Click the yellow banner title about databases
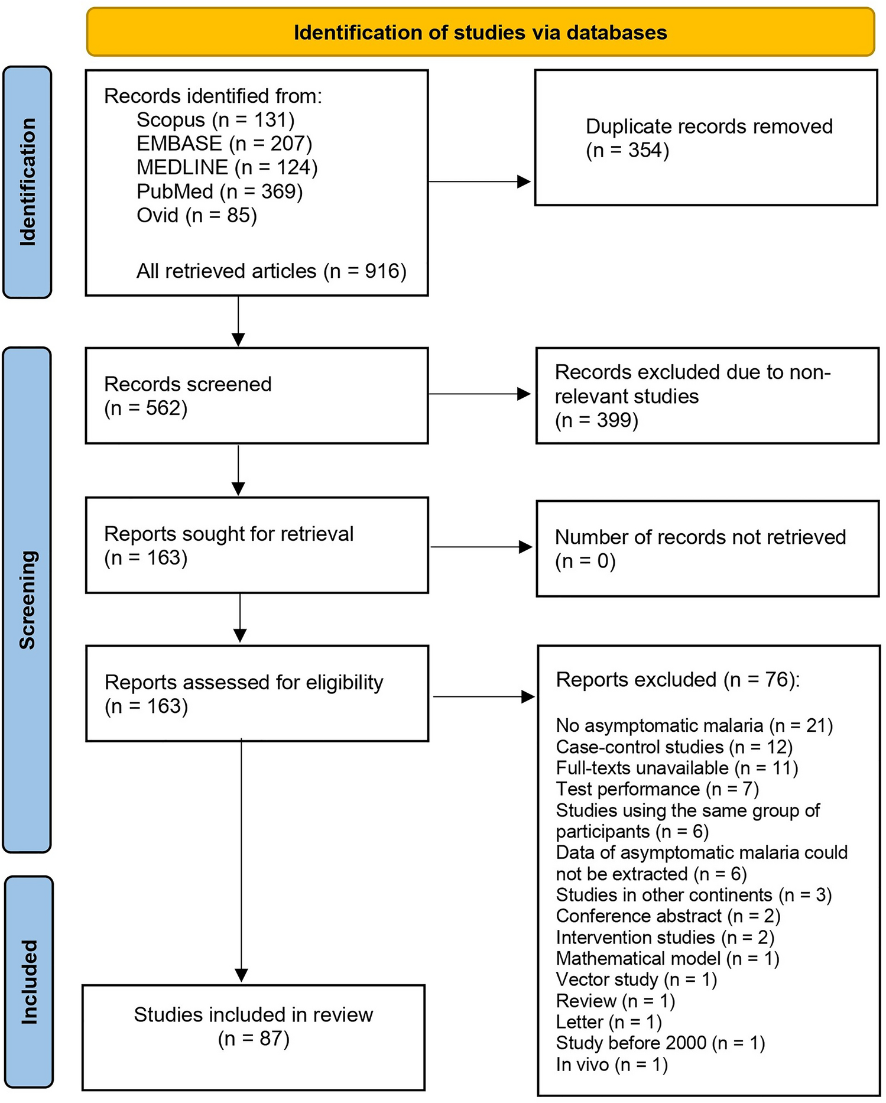pos(480,33)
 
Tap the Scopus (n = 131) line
pos(215,120)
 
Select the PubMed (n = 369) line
pos(219,192)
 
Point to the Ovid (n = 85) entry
pos(197,215)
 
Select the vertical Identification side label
pos(27,181)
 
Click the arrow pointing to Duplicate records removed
pos(480,182)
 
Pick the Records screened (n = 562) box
pos(257,395)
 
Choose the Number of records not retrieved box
pos(707,549)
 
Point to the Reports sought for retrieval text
pos(229,534)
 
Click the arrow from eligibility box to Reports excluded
pos(483,697)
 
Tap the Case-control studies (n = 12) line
pos(674,747)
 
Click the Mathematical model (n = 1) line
pos(667,958)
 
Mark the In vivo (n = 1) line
pos(612,1065)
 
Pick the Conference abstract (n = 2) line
pos(668,916)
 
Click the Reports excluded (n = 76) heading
pos(677,680)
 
